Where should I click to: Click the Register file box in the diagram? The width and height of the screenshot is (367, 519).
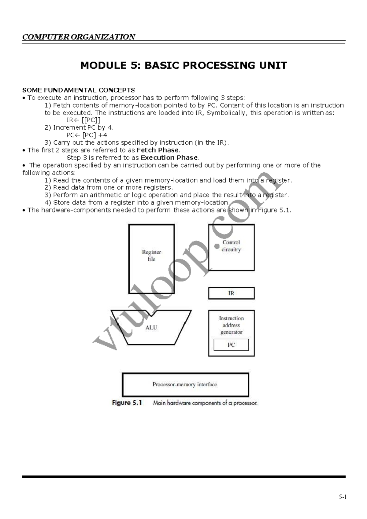click(x=151, y=259)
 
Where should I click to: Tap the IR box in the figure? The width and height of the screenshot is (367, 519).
click(x=231, y=293)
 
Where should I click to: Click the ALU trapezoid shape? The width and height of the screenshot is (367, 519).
click(x=151, y=328)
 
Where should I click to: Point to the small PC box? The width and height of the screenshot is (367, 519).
click(x=231, y=345)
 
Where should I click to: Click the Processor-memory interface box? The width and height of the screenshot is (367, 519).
click(x=185, y=385)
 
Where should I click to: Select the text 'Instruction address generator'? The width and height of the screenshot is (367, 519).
click(x=231, y=325)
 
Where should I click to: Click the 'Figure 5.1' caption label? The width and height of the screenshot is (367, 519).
click(x=127, y=403)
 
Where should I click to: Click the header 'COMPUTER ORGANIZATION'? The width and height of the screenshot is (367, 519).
click(x=79, y=37)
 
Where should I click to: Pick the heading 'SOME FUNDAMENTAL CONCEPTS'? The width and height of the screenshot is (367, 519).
click(x=79, y=90)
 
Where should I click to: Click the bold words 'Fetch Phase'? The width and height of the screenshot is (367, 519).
click(x=158, y=150)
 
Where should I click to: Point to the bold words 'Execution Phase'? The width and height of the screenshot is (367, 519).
click(x=169, y=158)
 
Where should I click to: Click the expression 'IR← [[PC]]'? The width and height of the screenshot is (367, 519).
click(x=83, y=120)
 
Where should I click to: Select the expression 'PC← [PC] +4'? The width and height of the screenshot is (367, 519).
click(x=87, y=135)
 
